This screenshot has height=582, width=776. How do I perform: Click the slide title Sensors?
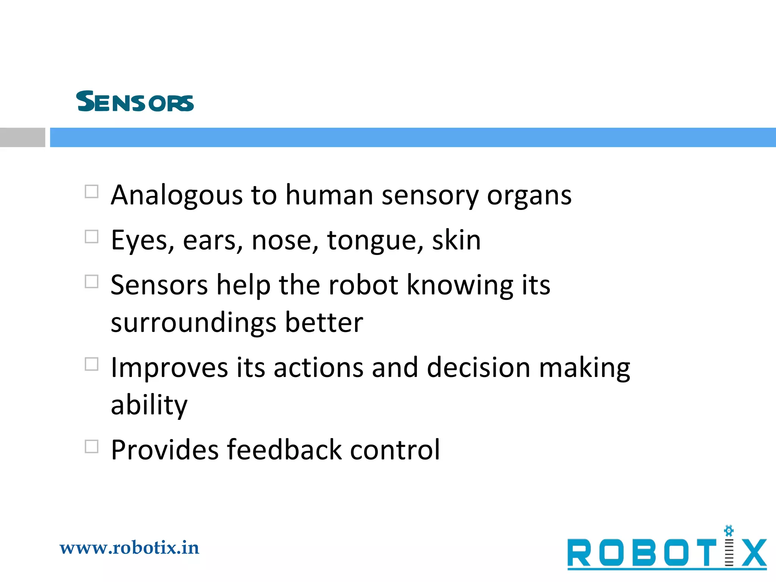(135, 102)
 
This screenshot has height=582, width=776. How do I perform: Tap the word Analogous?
(177, 196)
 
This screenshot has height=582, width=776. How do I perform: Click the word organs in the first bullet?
(529, 196)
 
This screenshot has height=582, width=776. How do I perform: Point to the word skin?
(456, 241)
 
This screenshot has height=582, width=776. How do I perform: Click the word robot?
(363, 285)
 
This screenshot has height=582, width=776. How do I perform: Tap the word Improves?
(169, 368)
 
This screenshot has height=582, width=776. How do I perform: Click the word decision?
(478, 368)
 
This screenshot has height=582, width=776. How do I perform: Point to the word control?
(395, 450)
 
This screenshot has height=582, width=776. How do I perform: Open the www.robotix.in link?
(129, 548)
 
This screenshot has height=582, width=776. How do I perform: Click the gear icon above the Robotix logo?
(729, 531)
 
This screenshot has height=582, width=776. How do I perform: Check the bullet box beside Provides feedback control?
(92, 447)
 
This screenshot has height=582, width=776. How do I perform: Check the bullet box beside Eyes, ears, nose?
(92, 237)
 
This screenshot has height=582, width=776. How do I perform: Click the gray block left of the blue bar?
(22, 137)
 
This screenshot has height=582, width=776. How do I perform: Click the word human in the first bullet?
(329, 196)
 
